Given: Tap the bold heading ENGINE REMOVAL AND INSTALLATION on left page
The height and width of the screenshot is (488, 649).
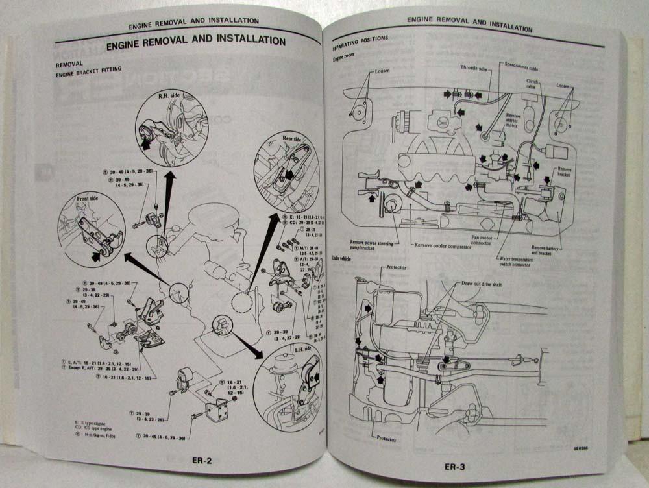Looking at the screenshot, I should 195,41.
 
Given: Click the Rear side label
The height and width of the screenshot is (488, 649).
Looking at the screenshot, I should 292,138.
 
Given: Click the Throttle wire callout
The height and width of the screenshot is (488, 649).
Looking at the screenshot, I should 474,67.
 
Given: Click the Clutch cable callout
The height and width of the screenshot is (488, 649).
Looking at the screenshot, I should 534,84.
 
